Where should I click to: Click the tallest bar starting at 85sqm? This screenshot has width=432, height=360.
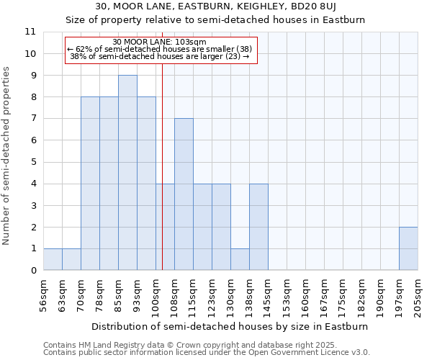pyautogui.click(x=127, y=173)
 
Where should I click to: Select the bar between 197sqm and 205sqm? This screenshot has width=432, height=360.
pyautogui.click(x=408, y=248)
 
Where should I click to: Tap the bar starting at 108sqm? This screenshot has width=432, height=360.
pyautogui.click(x=184, y=194)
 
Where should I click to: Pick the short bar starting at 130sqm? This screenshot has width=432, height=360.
pyautogui.click(x=240, y=259)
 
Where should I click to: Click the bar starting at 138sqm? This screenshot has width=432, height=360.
pyautogui.click(x=258, y=227)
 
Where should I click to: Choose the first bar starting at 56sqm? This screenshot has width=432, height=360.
pyautogui.click(x=53, y=259)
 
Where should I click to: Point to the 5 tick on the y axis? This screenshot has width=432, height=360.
pyautogui.click(x=32, y=162)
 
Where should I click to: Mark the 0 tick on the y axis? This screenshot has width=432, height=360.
pyautogui.click(x=32, y=271)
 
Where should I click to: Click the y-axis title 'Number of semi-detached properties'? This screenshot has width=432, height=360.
pyautogui.click(x=7, y=156)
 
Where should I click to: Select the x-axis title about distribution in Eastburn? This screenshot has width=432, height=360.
pyautogui.click(x=230, y=326)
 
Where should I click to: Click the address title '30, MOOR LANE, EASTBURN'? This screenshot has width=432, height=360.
pyautogui.click(x=230, y=7)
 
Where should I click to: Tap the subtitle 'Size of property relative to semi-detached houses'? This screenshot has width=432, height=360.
pyautogui.click(x=230, y=20)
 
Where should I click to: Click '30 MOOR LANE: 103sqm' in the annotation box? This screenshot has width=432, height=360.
pyautogui.click(x=160, y=42)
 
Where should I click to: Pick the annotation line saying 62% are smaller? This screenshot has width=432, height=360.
pyautogui.click(x=160, y=49)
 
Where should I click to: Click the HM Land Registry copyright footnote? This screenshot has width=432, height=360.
pyautogui.click(x=197, y=345)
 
